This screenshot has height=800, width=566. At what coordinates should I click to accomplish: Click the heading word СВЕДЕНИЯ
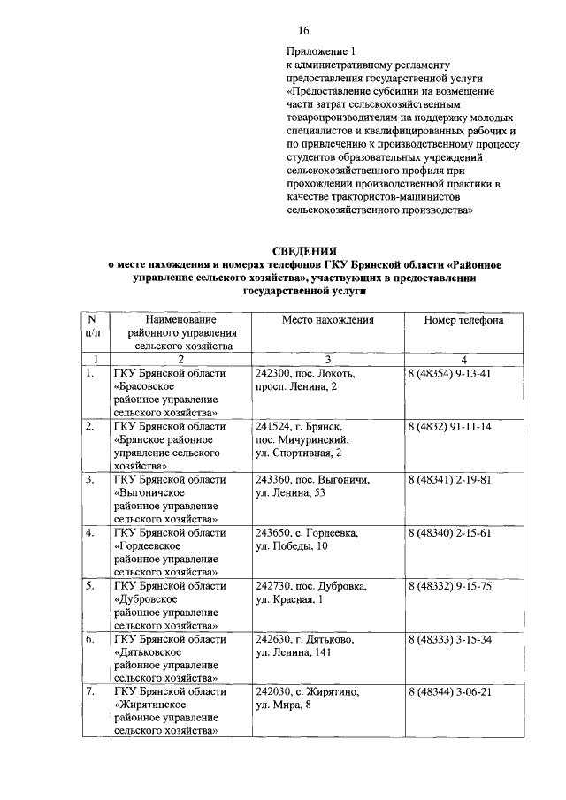[x=303, y=251]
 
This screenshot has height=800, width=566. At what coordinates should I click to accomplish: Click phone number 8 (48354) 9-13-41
[x=449, y=374]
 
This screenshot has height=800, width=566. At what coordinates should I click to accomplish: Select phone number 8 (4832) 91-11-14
[x=449, y=427]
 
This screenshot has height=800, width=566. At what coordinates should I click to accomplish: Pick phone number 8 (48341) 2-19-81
[x=449, y=480]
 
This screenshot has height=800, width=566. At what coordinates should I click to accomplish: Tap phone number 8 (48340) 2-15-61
[x=449, y=533]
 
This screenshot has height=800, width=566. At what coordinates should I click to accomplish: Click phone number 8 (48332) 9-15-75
[x=449, y=586]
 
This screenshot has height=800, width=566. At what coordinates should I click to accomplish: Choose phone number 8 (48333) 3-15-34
[x=449, y=639]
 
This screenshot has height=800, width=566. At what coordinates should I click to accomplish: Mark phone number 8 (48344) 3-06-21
[x=449, y=692]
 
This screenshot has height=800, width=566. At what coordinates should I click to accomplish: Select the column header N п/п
[x=92, y=326]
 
